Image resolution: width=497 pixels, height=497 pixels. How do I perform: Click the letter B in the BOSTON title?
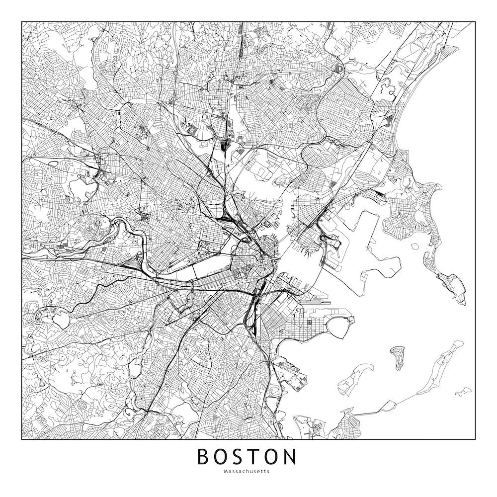coord(205,457)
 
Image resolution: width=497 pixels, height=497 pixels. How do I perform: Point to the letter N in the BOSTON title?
coord(289,457)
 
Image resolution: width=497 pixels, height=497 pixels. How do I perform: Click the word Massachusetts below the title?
coord(247,472)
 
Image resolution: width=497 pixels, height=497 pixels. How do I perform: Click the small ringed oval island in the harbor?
coord(398,357)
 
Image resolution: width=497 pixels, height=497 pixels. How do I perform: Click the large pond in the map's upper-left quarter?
coord(80,186)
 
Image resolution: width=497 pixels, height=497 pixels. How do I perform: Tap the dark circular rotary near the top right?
coord(339,69)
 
